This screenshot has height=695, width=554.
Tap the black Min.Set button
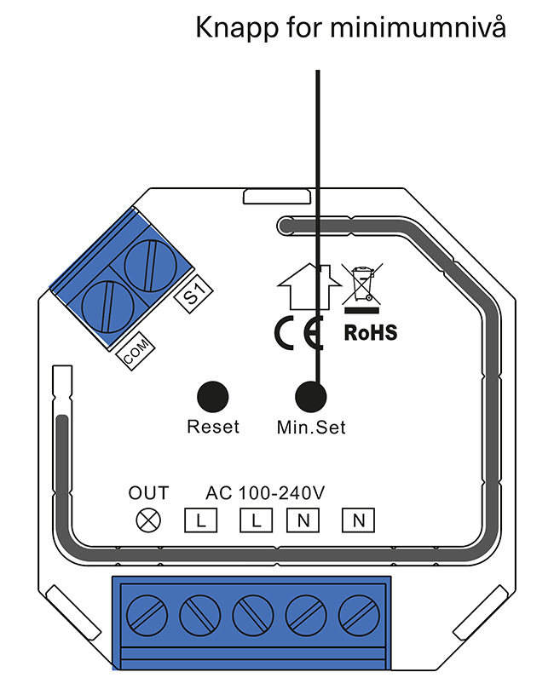(312, 397)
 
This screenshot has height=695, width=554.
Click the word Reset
(213, 427)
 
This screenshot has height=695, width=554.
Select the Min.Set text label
(312, 427)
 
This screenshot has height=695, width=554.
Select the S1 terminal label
(193, 296)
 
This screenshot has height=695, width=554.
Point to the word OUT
(148, 493)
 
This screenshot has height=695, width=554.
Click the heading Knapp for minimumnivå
(351, 29)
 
